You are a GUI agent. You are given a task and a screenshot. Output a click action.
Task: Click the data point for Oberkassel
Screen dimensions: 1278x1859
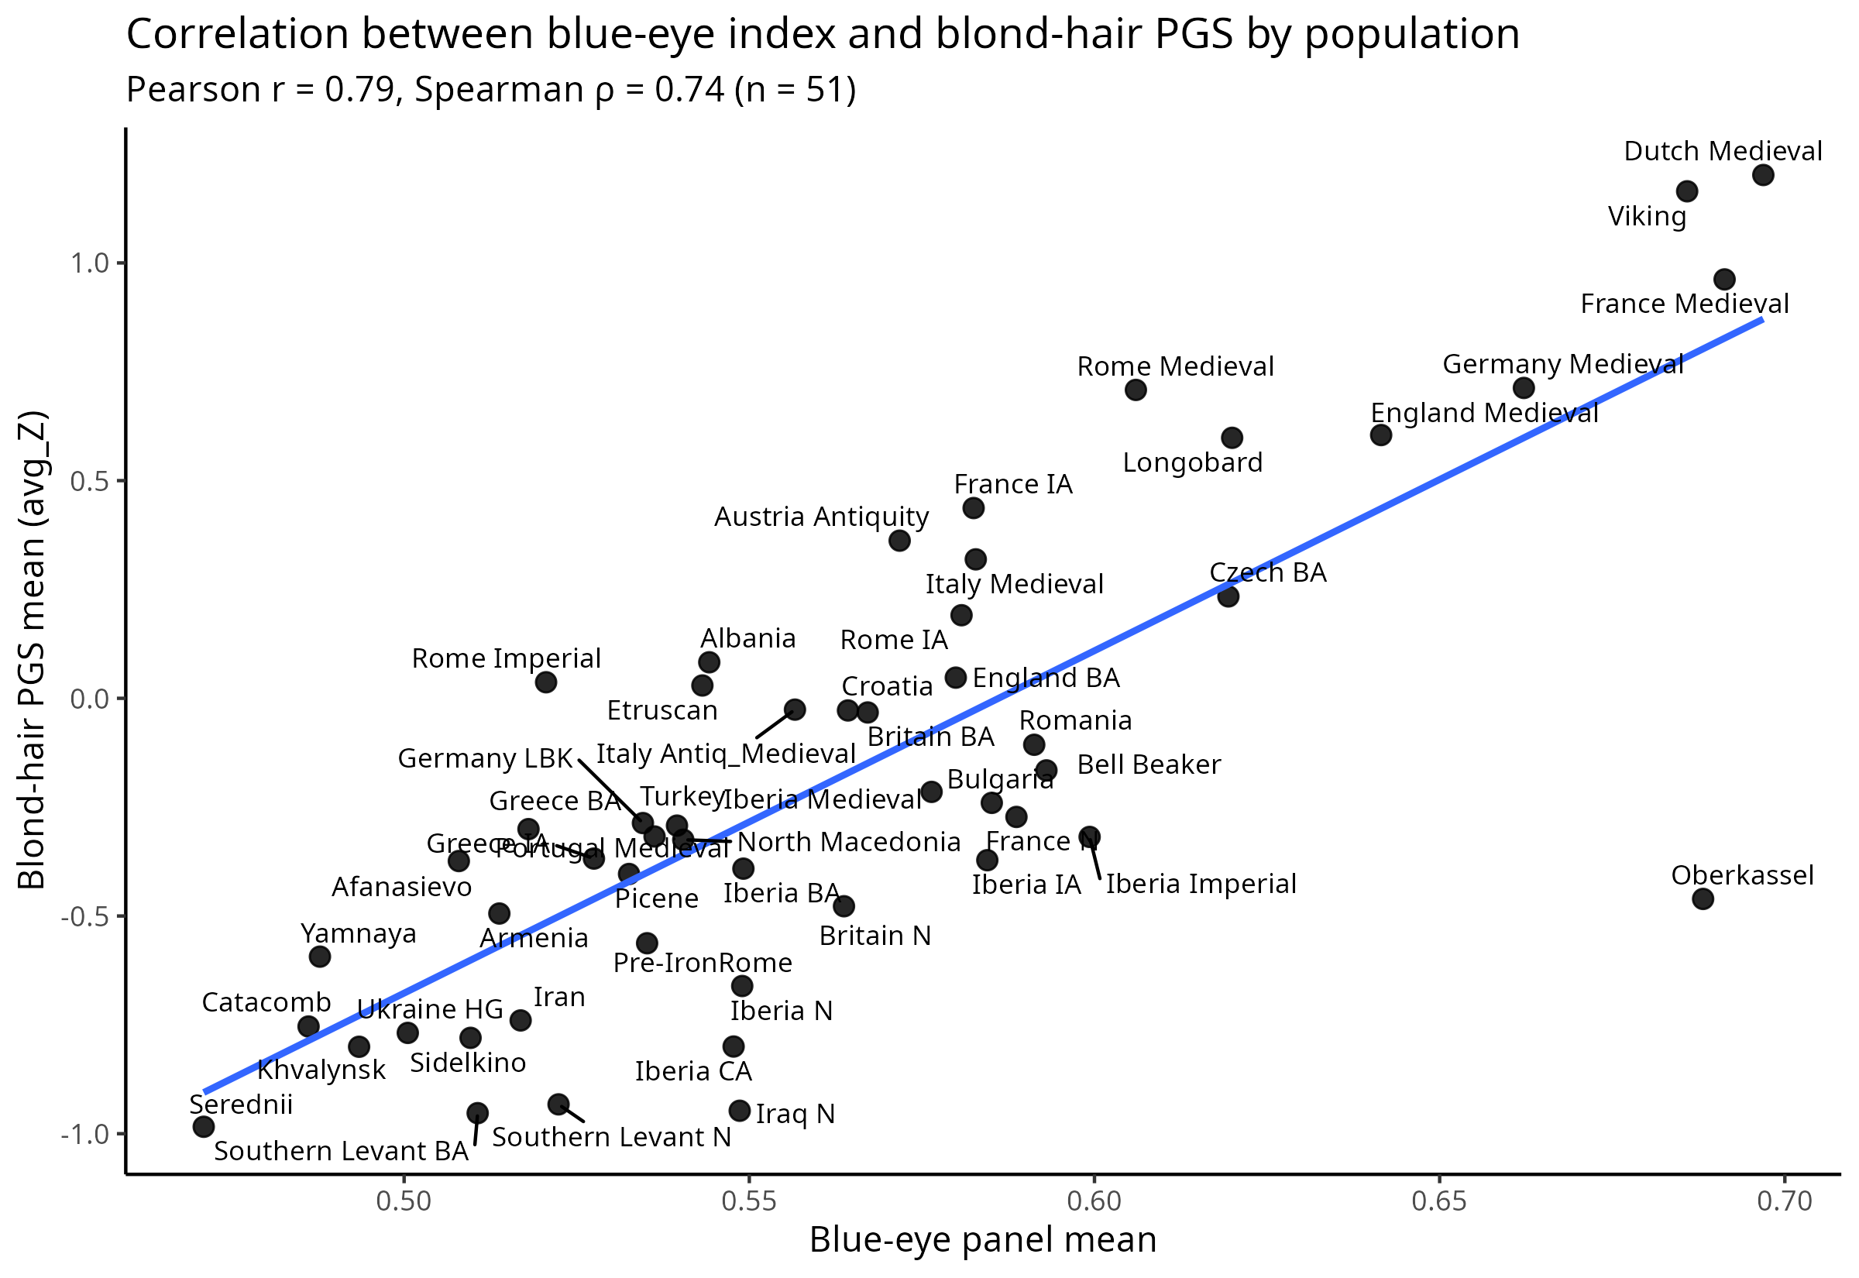pos(1703,898)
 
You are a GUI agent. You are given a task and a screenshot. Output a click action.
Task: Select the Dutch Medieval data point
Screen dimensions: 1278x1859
pos(1763,174)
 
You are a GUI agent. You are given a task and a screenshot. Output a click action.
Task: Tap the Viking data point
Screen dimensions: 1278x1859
pos(1687,191)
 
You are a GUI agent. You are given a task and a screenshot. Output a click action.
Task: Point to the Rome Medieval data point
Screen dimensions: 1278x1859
pos(1136,390)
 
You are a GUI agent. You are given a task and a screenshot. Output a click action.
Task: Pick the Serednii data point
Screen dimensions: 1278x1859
pos(204,1127)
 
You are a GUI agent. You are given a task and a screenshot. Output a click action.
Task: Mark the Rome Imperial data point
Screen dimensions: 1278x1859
pos(546,682)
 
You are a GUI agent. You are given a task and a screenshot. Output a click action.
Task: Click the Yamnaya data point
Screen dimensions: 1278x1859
pos(319,956)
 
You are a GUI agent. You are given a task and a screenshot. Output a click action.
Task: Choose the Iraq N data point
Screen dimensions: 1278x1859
pos(740,1111)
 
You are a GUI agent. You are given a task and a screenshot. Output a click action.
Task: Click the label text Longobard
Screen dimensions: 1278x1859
pos(1192,463)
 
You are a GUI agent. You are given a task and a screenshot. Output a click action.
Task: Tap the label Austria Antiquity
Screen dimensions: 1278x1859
pos(820,517)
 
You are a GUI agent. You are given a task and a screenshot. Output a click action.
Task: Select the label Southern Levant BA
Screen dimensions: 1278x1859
pos(341,1152)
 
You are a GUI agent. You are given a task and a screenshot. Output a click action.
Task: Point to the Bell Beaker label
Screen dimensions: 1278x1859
pos(1148,764)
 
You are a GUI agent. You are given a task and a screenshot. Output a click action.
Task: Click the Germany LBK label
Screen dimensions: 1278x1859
pos(485,758)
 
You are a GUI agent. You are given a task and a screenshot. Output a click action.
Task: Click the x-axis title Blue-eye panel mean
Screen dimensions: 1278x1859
pos(982,1239)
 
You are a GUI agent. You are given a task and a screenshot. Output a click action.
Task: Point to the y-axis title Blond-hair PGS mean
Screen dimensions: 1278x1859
pos(32,649)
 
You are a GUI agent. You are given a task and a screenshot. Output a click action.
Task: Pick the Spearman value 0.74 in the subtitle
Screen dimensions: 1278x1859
pos(689,90)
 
